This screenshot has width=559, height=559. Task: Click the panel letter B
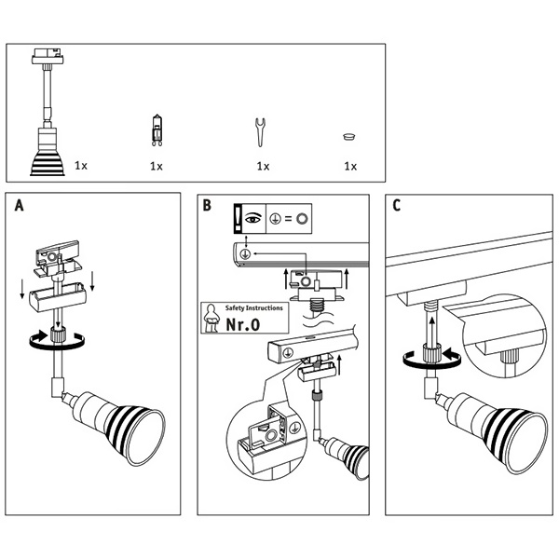[x=208, y=206]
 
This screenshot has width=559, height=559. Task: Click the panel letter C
[x=397, y=206]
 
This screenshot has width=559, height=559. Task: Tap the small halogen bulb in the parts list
[x=157, y=131]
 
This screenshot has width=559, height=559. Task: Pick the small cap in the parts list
[x=350, y=136]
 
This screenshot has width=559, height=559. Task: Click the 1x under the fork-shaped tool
[x=263, y=166]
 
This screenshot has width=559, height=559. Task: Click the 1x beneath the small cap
[x=350, y=166]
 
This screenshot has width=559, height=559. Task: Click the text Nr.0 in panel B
[x=243, y=325]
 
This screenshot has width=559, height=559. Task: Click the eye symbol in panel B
[x=252, y=219]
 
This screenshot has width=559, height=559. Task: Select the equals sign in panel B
[x=287, y=220]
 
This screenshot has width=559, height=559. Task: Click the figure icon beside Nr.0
[x=213, y=319]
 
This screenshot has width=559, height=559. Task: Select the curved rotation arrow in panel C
[x=429, y=356]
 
